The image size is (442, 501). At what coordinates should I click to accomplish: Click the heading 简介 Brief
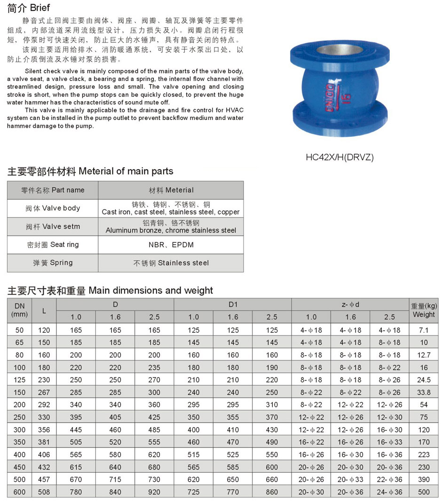pos(29,8)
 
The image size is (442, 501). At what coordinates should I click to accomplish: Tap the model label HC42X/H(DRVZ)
pos(339,158)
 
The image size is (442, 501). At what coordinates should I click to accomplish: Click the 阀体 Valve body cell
pos(53,208)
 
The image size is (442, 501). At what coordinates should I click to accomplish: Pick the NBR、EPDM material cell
pos(171,245)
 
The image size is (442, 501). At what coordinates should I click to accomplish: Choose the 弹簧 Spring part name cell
pos(53,263)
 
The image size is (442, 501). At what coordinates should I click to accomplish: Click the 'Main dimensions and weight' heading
pos(110,290)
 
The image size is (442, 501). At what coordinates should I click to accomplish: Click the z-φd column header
pos(350,304)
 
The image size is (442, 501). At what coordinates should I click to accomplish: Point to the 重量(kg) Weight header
pos(424,310)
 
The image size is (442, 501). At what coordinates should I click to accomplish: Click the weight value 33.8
pos(424,392)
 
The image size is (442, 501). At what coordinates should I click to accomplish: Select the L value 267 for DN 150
pos(44,392)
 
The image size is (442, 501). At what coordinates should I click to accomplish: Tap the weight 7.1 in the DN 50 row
pos(424,330)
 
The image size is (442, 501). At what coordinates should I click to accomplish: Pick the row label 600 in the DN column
pos(19,492)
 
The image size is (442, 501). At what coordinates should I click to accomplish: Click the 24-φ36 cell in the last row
pos(390,492)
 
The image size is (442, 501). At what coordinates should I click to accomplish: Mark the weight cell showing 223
pos(424,454)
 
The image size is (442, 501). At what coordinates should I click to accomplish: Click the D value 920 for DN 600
pos(154,492)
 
